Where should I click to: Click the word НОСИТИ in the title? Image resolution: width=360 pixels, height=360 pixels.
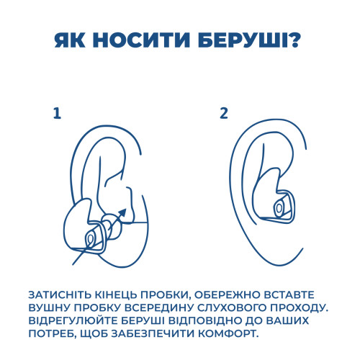141,40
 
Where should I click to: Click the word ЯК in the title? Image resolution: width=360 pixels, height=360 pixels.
70,40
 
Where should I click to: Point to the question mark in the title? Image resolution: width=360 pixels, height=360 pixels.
294,40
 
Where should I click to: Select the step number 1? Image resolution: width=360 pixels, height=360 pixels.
57,114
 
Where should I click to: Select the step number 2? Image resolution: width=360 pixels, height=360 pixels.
224,113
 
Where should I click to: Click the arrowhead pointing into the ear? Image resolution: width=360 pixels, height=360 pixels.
122,212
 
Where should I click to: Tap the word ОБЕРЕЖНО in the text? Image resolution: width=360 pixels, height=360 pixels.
227,295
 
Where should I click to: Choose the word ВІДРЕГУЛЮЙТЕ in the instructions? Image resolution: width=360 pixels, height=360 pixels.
73,321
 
